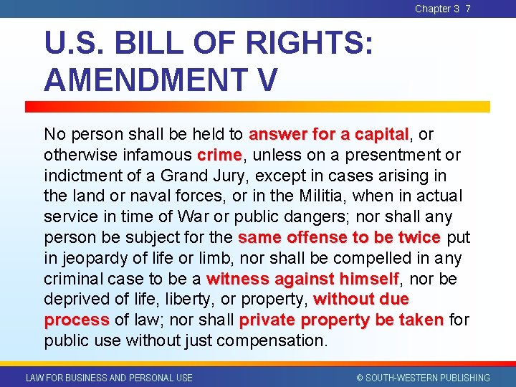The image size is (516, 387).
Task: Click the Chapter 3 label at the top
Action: click(436, 9)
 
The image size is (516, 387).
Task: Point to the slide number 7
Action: click(468, 9)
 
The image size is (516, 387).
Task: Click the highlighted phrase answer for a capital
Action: click(328, 135)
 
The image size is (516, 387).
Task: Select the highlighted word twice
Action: click(418, 237)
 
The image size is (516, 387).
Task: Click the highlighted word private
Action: click(267, 320)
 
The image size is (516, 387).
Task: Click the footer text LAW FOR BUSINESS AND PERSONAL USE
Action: click(109, 378)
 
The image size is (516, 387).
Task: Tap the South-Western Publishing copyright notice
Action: click(423, 378)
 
